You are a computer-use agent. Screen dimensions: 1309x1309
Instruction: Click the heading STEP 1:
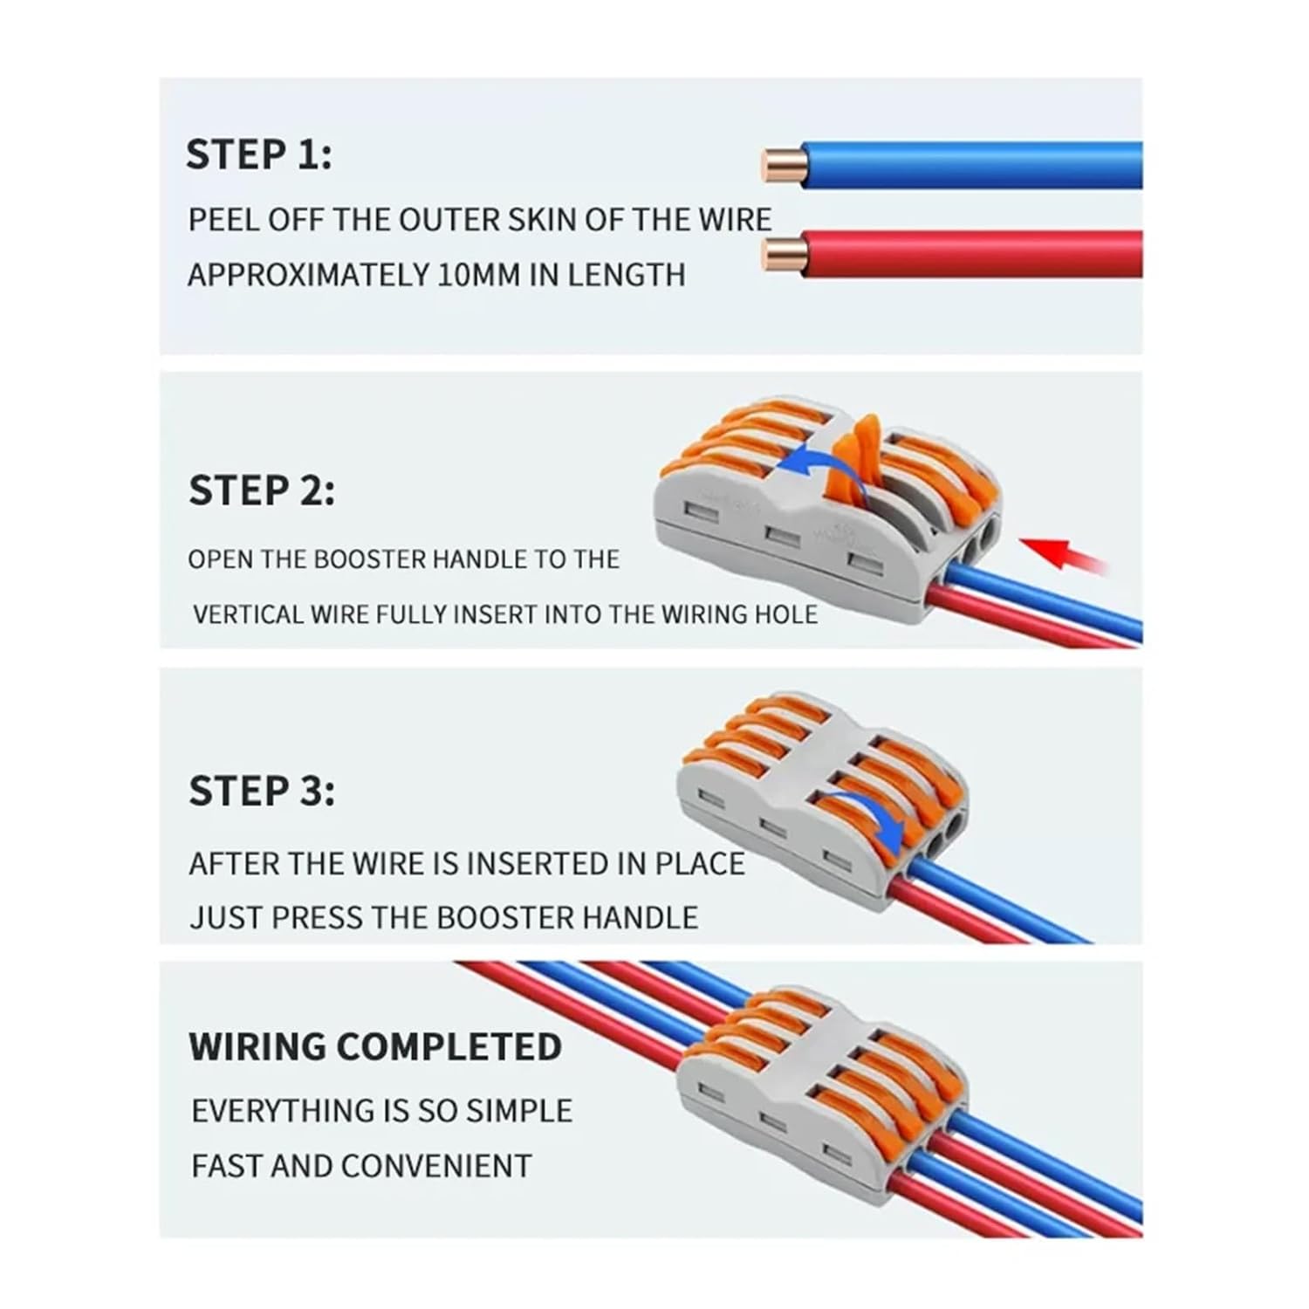tap(258, 155)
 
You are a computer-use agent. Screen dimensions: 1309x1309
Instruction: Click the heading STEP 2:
tap(261, 491)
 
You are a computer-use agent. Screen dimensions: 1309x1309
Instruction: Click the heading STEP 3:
tap(261, 792)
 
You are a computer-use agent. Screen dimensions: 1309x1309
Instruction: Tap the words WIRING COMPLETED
tap(375, 1046)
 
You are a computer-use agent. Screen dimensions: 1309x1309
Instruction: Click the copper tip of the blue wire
tap(779, 166)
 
